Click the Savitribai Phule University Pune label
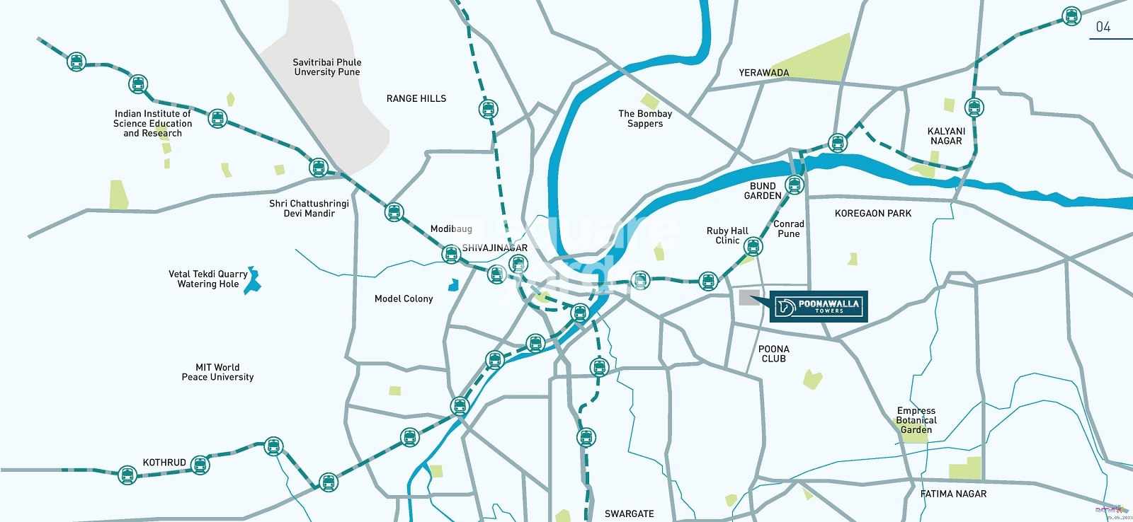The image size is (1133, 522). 327,67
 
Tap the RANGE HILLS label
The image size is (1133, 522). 416,99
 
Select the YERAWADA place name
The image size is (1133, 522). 763,73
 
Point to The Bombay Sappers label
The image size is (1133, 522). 645,119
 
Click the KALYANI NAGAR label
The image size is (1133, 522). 946,136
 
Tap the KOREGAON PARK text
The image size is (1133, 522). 872,214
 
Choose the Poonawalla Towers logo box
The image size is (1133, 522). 819,306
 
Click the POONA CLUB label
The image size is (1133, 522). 773,354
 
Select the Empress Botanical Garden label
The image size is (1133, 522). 916,420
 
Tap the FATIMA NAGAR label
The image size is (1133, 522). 953,494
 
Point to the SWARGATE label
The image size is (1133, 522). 629,514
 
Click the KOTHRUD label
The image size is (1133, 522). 164,463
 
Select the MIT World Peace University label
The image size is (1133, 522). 217,372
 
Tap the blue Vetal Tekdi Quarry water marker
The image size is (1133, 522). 253,281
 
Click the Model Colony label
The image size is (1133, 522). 404,299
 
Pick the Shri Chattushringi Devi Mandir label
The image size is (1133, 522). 309,209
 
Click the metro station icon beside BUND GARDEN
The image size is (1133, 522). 795,185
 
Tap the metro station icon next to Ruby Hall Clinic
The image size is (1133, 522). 753,247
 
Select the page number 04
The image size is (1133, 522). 1103,27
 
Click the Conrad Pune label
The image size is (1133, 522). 788,228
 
